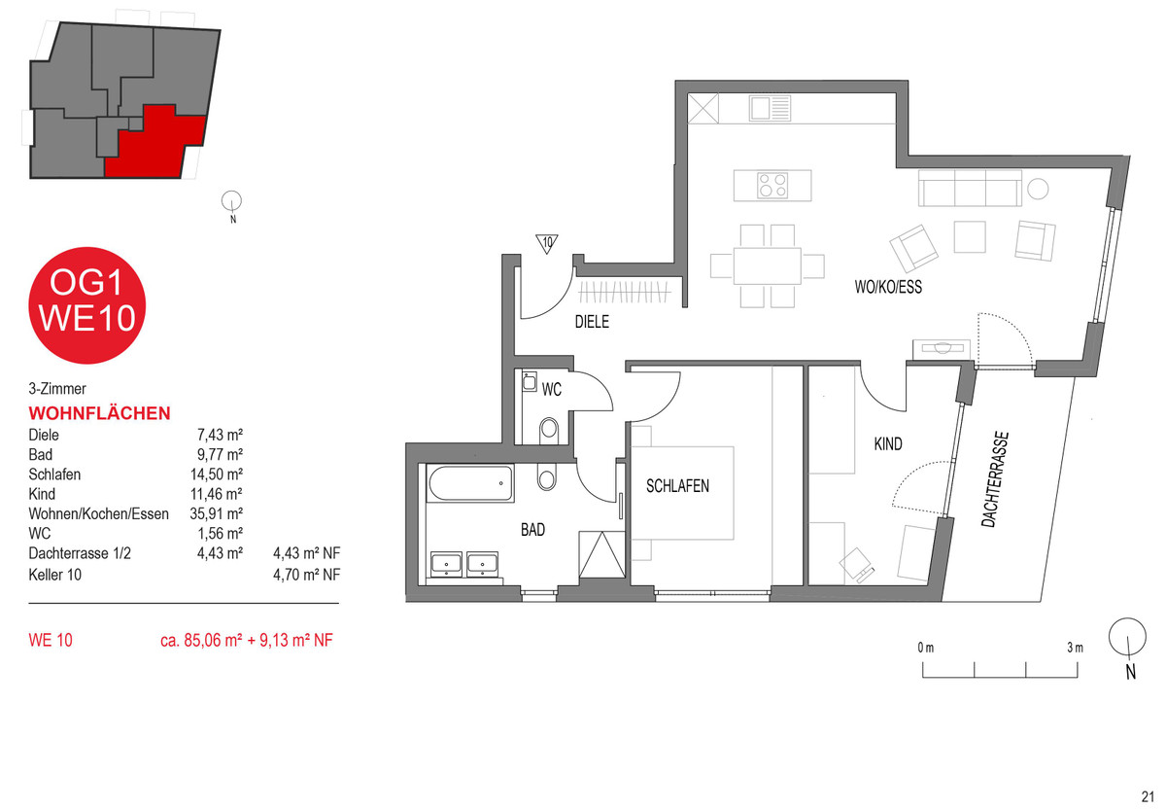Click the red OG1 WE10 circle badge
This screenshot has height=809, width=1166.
(86, 305)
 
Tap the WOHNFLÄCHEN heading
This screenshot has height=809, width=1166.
(99, 413)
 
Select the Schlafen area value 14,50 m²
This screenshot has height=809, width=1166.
(217, 475)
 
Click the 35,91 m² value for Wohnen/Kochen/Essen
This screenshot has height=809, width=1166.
(217, 513)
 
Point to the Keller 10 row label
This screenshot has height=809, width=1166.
(55, 575)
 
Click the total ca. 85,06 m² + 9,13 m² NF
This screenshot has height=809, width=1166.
(247, 640)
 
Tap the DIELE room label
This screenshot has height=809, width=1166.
(592, 322)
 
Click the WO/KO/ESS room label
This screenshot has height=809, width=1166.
(888, 287)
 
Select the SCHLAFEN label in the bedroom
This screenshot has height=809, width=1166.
(678, 486)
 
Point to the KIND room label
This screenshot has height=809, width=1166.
(888, 443)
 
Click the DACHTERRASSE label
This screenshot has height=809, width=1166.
(995, 479)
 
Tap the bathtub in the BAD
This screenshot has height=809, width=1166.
(470, 483)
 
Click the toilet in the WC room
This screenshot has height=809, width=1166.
(549, 429)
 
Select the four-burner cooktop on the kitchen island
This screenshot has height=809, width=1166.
(772, 186)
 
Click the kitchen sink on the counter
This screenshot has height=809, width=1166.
(771, 108)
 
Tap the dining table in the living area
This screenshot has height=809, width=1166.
(768, 265)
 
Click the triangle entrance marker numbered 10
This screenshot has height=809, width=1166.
(546, 243)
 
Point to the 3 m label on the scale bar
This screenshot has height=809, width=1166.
(1075, 648)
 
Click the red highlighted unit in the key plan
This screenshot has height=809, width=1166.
(157, 142)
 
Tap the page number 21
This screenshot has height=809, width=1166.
(1148, 796)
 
